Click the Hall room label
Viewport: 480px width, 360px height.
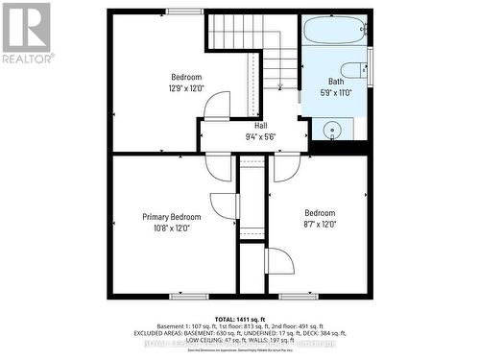(x=260, y=126)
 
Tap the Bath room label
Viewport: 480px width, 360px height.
(x=335, y=82)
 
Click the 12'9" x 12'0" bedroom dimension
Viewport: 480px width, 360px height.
(x=186, y=88)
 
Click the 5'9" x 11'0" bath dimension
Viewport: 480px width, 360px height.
(x=336, y=93)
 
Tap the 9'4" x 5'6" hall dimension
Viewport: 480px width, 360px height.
(x=260, y=136)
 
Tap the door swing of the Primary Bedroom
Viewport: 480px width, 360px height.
(x=224, y=204)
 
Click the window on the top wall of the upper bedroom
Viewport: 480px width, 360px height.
(x=183, y=12)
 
